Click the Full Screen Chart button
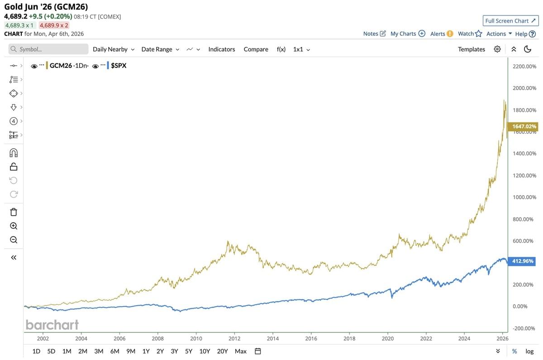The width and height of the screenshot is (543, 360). coord(510,21)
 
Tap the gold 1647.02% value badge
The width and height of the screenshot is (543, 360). coord(524,126)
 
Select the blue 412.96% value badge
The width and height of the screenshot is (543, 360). coord(523,261)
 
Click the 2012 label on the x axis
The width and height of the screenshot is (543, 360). coord(234,338)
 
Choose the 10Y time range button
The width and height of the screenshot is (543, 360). coord(205,351)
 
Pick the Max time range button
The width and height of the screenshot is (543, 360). coord(241,351)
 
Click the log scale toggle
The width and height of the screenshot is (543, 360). coord(529,351)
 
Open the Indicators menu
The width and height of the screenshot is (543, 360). coord(222,49)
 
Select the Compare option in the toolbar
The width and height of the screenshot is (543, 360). coord(256,49)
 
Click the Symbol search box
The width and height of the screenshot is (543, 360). coord(48,49)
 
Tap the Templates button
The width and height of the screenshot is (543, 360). coord(471,49)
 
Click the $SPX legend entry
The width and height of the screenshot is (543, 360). coord(119,66)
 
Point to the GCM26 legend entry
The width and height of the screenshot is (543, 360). coord(61,66)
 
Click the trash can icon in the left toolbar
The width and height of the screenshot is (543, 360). coord(14,212)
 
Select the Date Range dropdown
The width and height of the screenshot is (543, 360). coord(160,49)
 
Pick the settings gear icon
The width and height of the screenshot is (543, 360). coord(497,49)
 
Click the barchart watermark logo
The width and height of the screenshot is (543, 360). coord(52,325)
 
